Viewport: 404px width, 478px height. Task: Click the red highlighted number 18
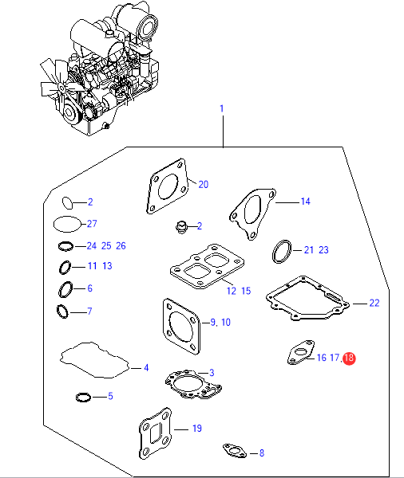coord(349,358)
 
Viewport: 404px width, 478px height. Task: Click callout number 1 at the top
coord(222,108)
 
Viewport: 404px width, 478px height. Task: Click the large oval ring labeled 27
coord(53,224)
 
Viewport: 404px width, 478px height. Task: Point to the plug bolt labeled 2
coord(181,227)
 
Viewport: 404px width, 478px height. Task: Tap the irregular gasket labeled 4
coord(62,360)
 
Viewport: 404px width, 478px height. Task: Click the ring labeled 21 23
coord(274,252)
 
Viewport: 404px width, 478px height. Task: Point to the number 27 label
coord(92,223)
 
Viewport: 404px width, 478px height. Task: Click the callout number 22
coord(374,303)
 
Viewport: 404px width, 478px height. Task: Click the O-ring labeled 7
coord(57,311)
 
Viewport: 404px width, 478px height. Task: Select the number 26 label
coord(121,245)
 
